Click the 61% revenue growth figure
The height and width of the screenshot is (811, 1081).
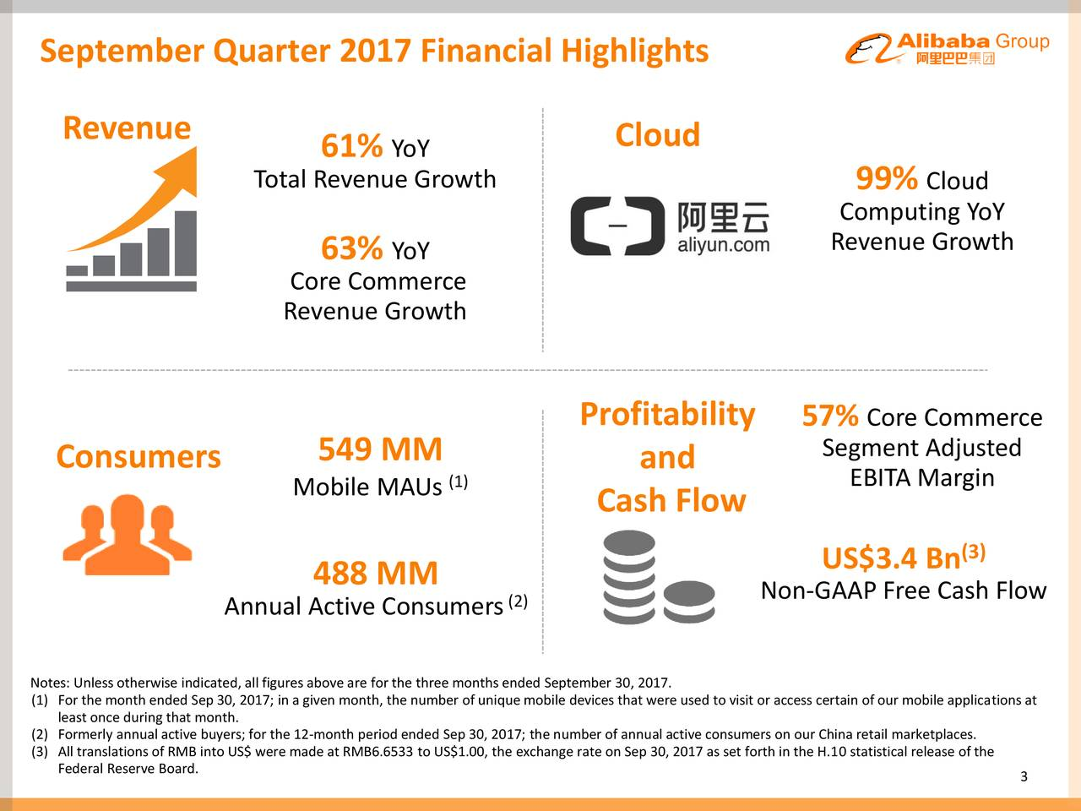tap(351, 146)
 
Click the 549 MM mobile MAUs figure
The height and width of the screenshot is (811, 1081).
tap(380, 449)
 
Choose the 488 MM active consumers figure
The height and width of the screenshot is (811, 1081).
tap(375, 573)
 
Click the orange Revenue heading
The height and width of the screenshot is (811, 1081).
tap(127, 128)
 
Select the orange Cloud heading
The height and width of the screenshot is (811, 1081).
tap(657, 134)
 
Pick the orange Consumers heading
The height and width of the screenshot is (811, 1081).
tap(139, 456)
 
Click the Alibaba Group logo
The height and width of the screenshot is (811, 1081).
tap(947, 48)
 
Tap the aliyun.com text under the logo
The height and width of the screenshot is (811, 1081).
tap(724, 245)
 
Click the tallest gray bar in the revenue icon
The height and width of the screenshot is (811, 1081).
tap(186, 243)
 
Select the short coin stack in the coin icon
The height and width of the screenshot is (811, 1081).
tap(688, 601)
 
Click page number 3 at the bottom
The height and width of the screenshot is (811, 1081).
tap(1024, 776)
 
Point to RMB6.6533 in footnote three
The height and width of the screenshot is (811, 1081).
tap(378, 752)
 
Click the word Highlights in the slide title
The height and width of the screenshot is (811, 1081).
tap(635, 52)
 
